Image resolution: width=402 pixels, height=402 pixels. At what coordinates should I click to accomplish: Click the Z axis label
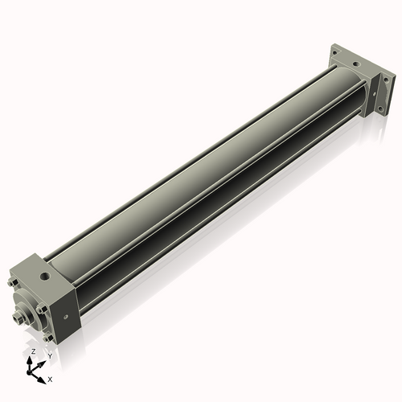[32, 352]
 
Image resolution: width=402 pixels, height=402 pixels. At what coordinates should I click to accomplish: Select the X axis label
[50, 378]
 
